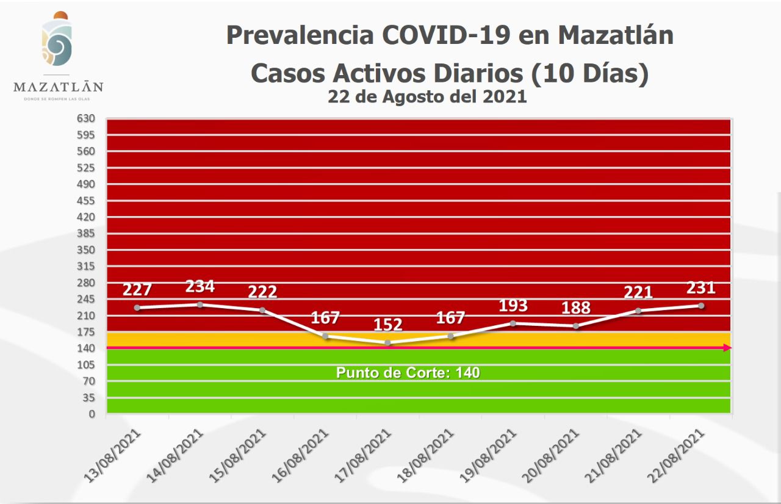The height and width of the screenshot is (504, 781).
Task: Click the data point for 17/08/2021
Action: click(x=387, y=343)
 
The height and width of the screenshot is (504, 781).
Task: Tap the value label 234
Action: click(x=200, y=286)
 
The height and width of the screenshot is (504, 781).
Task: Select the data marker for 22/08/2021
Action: click(x=701, y=306)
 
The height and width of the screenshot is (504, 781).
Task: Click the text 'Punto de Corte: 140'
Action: click(x=408, y=372)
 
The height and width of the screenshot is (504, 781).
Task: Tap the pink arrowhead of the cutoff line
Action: click(x=727, y=348)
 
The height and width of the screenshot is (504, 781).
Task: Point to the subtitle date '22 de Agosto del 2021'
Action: click(x=427, y=96)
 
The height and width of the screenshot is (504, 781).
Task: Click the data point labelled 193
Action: click(x=513, y=323)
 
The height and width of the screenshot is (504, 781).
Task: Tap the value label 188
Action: click(x=576, y=307)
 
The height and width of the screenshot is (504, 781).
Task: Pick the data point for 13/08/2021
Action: click(x=137, y=308)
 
